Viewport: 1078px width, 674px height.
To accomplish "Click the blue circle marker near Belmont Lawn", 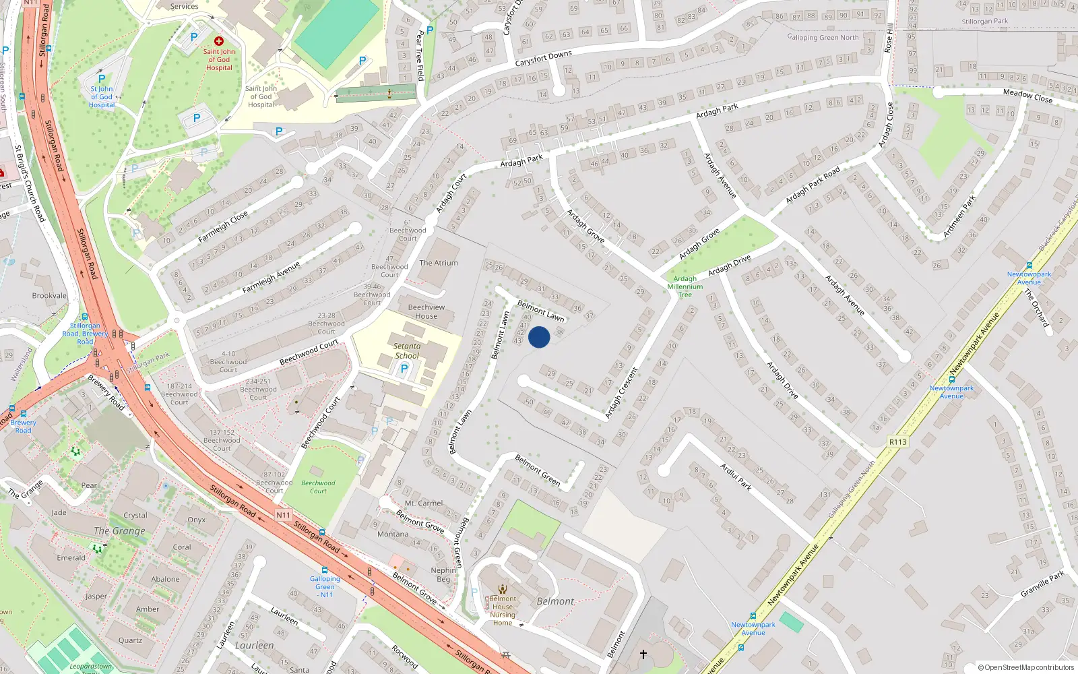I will tap(539, 337).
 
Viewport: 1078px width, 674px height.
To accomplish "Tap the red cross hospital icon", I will tap(219, 41).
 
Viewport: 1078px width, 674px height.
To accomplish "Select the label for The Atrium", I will tap(439, 263).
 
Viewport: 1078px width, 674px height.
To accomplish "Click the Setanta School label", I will tap(407, 350).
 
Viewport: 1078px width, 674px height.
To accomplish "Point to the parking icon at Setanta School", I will tap(404, 369).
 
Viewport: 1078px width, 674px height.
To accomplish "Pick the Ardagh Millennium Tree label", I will tap(685, 286).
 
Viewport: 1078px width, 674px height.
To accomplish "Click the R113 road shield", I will tap(898, 442).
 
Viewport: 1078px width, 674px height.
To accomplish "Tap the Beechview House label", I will tap(426, 311).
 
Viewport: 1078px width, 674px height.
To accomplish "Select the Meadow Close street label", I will tap(1027, 96).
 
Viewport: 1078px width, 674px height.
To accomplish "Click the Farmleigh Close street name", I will tap(223, 226).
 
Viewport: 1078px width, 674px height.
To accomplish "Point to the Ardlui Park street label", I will tap(736, 477).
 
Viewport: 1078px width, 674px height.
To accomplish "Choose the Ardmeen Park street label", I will tap(959, 216).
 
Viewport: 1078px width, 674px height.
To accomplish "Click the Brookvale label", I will tap(49, 295).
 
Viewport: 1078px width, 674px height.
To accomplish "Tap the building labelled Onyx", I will tap(197, 520).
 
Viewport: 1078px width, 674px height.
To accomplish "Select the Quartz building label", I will tap(130, 640).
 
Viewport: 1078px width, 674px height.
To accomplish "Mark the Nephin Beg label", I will tap(443, 574).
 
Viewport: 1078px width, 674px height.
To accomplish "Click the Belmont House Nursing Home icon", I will tap(503, 589).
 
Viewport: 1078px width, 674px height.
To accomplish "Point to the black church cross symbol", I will tap(643, 654).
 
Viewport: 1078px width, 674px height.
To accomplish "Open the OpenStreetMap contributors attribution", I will tap(1026, 667).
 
